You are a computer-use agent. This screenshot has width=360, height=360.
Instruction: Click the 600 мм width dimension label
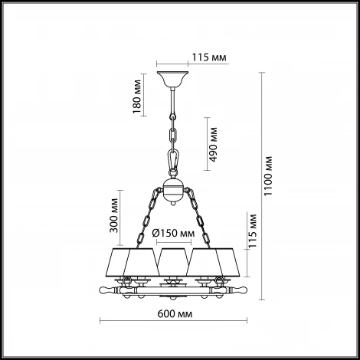point(175,314)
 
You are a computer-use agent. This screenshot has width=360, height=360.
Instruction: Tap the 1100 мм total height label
point(268,176)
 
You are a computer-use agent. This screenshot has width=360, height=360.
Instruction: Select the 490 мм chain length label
point(213,145)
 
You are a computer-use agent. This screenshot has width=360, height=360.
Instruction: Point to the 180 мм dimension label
point(136,97)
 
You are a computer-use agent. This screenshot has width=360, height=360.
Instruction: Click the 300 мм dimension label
point(114,215)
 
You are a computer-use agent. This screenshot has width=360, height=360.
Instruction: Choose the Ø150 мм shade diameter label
point(173,233)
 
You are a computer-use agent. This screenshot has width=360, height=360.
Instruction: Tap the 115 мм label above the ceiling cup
point(209,57)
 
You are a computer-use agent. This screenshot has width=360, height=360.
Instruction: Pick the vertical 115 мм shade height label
point(253,231)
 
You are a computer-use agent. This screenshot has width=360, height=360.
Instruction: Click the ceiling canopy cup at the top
point(172,79)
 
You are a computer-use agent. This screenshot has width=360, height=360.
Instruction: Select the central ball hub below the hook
point(173,189)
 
